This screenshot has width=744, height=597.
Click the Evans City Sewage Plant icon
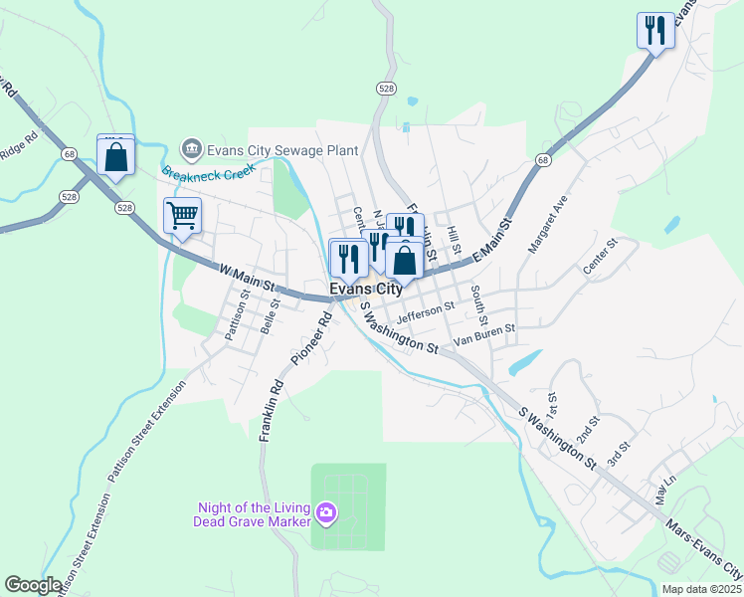click(x=190, y=150)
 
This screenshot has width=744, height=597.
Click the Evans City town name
click(x=366, y=290)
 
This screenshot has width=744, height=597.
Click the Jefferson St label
click(x=425, y=313)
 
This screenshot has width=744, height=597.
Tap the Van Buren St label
click(x=483, y=334)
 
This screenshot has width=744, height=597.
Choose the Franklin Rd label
click(x=272, y=409)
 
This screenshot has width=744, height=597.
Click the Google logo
click(x=33, y=585)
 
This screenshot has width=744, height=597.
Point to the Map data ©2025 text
click(x=702, y=588)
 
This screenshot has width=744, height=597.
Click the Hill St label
click(x=455, y=237)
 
